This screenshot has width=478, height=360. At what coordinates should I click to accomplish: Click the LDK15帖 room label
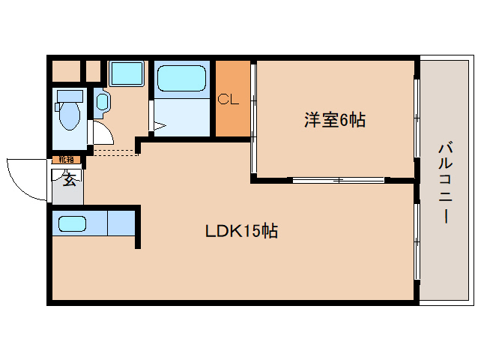pos(241,231)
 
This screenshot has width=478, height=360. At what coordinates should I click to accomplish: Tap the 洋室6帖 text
pos(334,119)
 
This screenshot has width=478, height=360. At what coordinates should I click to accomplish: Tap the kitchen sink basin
pos(72,223)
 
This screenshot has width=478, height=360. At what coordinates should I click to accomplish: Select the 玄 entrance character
pos(69,178)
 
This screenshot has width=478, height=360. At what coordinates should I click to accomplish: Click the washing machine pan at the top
pos(129,74)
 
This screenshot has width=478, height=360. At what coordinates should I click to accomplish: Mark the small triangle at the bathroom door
pos(158,127)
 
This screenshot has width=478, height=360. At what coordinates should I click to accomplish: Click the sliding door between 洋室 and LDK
pos(337,179)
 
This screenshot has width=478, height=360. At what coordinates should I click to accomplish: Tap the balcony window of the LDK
pos(417,240)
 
